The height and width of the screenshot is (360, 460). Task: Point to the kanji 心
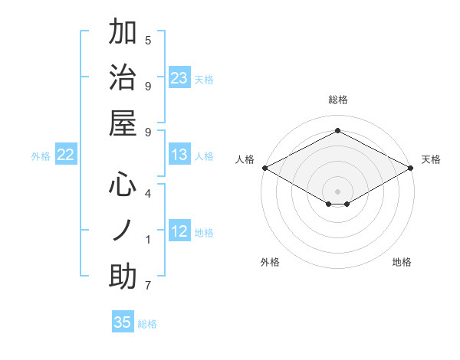(123, 184)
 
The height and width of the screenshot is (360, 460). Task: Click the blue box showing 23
(179, 78)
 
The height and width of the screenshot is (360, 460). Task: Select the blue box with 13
(179, 155)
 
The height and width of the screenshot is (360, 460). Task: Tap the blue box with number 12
(179, 231)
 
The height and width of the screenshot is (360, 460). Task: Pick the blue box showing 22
(66, 155)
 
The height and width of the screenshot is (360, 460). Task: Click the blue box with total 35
(123, 322)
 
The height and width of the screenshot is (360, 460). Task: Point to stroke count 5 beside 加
(148, 40)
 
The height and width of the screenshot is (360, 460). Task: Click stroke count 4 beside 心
(148, 193)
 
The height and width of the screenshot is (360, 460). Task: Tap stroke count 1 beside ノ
(148, 240)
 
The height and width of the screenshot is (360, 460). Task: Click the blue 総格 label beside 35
(147, 324)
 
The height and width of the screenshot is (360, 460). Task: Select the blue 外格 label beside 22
(41, 156)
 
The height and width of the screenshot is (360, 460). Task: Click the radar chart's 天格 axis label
(431, 159)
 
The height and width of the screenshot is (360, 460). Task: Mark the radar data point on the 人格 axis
(264, 168)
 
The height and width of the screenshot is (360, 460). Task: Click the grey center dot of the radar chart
(337, 190)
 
